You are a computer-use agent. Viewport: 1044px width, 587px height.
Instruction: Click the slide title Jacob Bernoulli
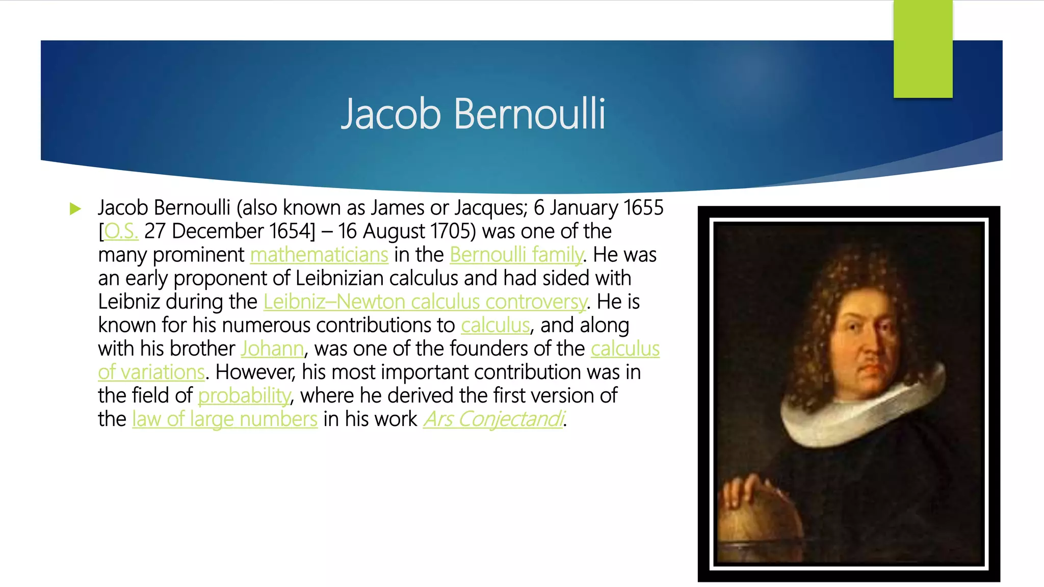point(473,113)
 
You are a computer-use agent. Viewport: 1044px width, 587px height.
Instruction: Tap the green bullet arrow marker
point(75,208)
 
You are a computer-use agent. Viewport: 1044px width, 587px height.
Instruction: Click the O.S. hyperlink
point(121,232)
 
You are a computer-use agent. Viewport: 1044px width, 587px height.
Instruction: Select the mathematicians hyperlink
point(319,255)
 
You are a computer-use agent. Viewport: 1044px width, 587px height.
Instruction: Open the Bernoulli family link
point(516,255)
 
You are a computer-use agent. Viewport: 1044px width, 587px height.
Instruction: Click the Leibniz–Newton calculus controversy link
point(425,302)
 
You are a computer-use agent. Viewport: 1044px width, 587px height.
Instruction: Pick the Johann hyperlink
point(272,349)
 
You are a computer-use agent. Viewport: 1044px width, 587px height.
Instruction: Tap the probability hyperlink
point(244,396)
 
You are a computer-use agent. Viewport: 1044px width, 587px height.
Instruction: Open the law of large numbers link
point(225,419)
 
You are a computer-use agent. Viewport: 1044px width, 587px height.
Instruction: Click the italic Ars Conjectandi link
point(493,419)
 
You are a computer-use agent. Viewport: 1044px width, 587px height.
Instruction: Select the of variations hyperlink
point(151,372)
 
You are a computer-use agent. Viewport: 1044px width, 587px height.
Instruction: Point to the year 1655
point(643,208)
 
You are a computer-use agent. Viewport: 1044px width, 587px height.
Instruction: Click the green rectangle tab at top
point(923,48)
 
